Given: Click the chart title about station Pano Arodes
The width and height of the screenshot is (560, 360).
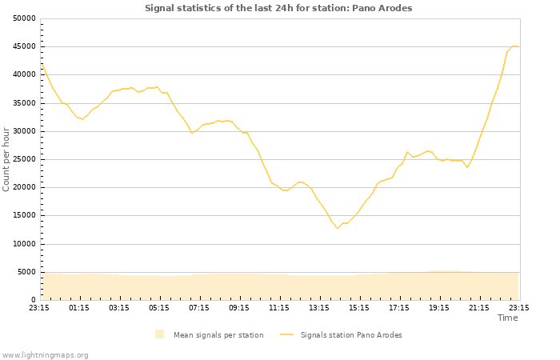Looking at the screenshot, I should tap(278, 8).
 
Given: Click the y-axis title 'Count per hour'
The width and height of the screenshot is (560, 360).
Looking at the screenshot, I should tap(7, 158).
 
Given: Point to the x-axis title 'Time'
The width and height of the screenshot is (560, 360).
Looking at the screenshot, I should tap(507, 318).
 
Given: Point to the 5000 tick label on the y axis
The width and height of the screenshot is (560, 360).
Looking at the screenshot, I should tap(26, 272).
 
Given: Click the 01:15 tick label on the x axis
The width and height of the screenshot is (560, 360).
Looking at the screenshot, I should tap(79, 307).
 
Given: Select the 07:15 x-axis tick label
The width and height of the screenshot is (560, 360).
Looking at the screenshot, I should tap(199, 307).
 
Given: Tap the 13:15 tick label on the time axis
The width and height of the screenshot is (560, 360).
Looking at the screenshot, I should tap(319, 307).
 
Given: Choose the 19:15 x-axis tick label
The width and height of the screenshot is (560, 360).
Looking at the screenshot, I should tap(439, 307).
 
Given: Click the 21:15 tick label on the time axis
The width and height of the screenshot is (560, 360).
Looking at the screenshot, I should tap(479, 307).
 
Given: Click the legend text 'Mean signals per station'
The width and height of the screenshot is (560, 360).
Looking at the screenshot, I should tap(218, 335).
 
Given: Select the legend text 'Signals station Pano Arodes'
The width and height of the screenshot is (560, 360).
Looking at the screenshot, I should tap(351, 335).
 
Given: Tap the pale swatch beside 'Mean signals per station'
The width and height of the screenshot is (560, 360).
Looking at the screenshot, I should tap(160, 334).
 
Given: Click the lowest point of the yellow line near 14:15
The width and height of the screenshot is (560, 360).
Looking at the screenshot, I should tap(338, 228).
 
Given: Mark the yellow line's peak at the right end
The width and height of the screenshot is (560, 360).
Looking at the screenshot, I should tap(514, 46).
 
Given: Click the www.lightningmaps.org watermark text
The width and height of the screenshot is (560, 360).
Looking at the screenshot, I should tap(45, 354).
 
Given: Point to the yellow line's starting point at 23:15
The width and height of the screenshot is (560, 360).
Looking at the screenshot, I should tap(40, 63).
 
